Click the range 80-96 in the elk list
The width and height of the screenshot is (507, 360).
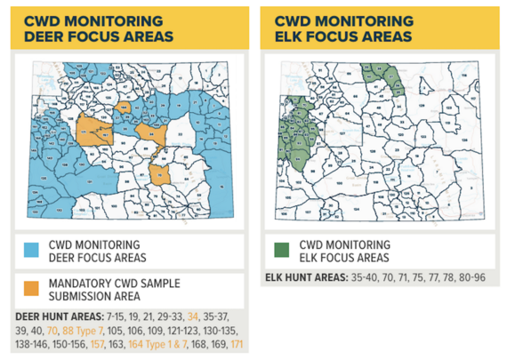coord(470,277)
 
